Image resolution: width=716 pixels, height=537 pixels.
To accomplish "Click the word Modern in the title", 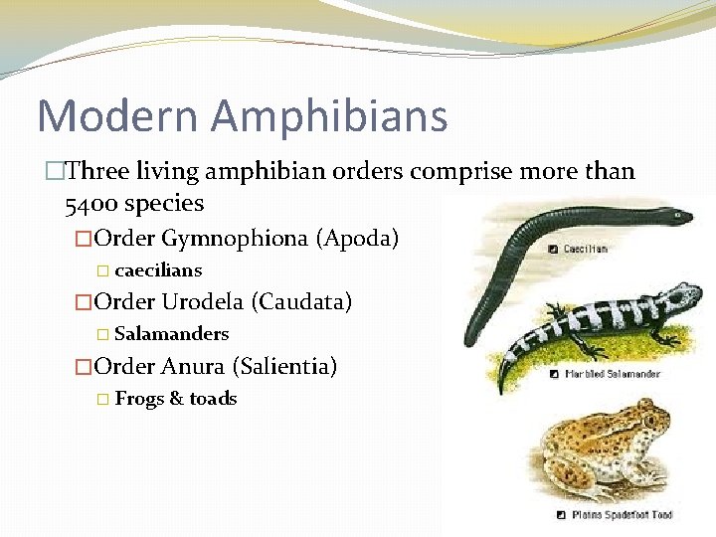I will click(x=117, y=116).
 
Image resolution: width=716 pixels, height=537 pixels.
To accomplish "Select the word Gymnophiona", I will click(x=234, y=239).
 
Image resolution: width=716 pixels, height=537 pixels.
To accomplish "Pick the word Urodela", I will click(x=202, y=302).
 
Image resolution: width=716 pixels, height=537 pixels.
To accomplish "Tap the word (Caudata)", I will click(x=301, y=302).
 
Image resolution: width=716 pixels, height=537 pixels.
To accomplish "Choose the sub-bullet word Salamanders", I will click(x=171, y=334).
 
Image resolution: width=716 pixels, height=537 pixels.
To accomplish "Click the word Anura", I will click(x=193, y=366).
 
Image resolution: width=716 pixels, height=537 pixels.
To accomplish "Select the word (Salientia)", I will click(x=284, y=366).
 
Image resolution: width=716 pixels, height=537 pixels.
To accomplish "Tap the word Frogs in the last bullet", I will click(x=139, y=399).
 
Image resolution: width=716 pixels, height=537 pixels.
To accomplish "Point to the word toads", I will click(x=213, y=399).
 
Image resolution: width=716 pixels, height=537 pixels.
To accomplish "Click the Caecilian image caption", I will click(x=586, y=248).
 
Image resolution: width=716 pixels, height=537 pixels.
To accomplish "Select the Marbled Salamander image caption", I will click(x=612, y=375).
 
